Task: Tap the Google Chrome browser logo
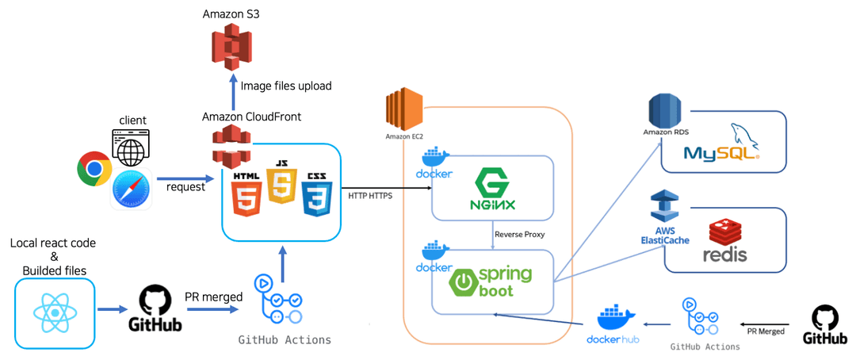pos(94,169)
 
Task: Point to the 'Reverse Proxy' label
pos(518,235)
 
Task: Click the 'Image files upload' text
pos(285,86)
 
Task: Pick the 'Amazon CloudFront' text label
pos(251,117)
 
